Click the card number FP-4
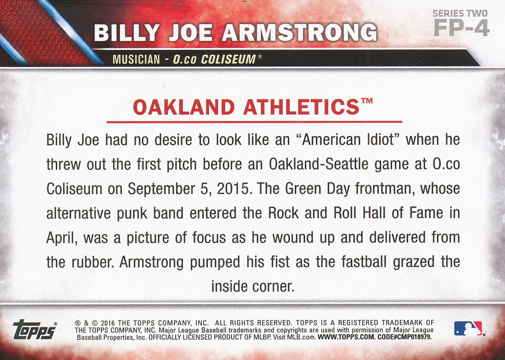point(461,28)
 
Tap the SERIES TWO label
point(460,13)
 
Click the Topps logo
point(35,329)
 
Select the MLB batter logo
point(468,328)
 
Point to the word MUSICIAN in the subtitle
point(136,60)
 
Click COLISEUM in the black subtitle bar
point(229,60)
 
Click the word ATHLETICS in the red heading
point(301,107)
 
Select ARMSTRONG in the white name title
point(299,32)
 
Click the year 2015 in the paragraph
point(233,189)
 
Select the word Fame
point(426,213)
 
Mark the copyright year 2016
point(108,323)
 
